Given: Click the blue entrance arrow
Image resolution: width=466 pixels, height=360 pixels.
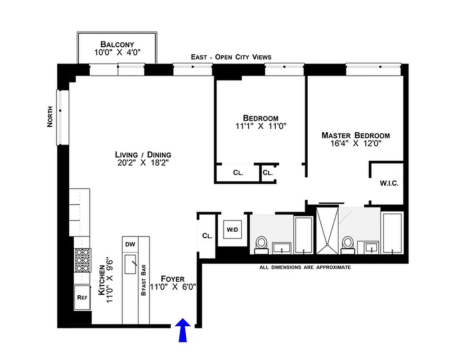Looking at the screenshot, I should coord(183,330).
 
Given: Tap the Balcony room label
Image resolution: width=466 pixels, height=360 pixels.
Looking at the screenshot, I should coord(117,44).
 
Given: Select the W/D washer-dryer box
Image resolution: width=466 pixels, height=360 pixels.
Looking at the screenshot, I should coord(232,230).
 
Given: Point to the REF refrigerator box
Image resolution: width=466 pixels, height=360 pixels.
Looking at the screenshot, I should coord(82,297).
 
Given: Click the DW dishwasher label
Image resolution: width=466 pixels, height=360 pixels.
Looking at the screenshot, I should coord(130,244).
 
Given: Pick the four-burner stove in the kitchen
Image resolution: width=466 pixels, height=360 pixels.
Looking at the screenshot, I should coord(83,261).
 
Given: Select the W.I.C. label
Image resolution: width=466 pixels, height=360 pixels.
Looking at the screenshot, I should coord(389,184).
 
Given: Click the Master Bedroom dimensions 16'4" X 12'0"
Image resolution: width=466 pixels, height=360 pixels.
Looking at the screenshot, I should coord(355,144).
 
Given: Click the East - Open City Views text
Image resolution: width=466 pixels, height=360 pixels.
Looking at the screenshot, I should coord(231,57).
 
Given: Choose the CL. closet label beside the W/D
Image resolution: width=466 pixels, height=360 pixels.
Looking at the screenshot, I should coord(207,235).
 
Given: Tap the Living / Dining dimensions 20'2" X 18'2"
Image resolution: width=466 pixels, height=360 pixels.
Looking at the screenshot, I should coord(143,163).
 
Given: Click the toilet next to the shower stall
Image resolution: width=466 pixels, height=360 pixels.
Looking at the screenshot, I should coord(347,243).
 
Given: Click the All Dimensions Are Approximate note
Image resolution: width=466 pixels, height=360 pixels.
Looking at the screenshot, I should coord(305,267).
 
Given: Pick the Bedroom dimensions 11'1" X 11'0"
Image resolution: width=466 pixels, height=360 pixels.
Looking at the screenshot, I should coord(260,126).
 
